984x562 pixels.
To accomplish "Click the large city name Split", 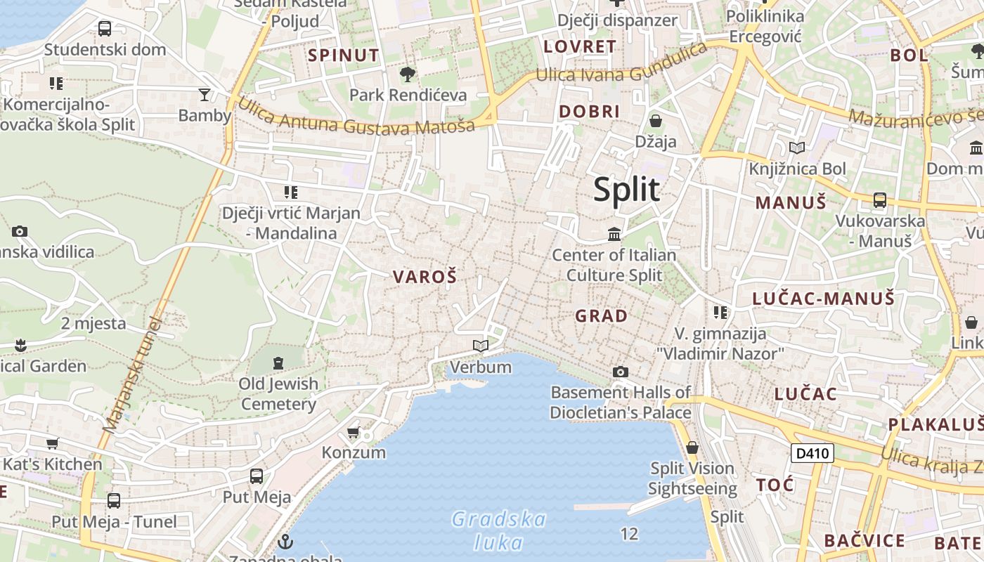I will (626, 190).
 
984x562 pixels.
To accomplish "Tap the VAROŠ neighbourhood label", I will (425, 277).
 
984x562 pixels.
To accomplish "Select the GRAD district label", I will (602, 316).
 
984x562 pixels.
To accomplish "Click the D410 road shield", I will (813, 453).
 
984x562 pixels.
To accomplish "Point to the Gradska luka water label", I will (498, 530).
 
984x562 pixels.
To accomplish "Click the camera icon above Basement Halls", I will (620, 372).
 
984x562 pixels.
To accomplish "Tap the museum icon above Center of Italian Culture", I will (614, 233).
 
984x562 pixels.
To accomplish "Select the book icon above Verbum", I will (481, 346).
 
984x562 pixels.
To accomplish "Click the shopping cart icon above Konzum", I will (354, 432).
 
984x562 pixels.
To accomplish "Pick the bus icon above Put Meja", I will (257, 476).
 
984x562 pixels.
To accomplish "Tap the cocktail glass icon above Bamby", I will (205, 94).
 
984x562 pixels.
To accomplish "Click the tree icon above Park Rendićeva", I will (408, 74).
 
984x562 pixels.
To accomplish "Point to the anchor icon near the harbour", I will (285, 542).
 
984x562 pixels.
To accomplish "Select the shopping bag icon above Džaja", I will (656, 121).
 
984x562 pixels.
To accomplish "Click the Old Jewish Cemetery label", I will (278, 394).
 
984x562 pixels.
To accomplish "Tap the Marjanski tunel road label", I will (133, 375).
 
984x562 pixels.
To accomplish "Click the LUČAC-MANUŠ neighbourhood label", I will (824, 299).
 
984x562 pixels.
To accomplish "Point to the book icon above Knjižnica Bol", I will (797, 148).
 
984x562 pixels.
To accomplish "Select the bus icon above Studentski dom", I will (105, 29).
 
